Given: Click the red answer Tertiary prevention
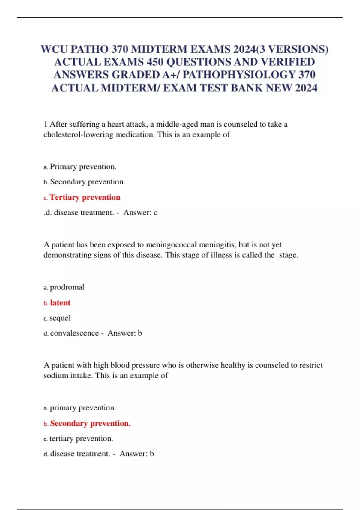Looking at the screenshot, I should point(85,197).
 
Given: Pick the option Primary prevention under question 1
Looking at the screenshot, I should point(83,166).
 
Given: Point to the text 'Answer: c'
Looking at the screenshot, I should point(140,213).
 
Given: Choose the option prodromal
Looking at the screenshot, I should point(67,287).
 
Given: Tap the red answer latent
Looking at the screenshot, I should point(60,303).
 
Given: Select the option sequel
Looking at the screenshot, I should point(60,318).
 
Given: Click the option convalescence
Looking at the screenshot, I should point(74,333).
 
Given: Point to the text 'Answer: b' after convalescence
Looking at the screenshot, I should point(125,333).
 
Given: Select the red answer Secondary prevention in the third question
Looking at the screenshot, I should point(90,423).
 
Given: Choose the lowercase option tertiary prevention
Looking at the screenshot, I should point(81,439).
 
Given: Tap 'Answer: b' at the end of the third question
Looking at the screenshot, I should point(137,454).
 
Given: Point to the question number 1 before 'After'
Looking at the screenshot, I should point(45,124).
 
